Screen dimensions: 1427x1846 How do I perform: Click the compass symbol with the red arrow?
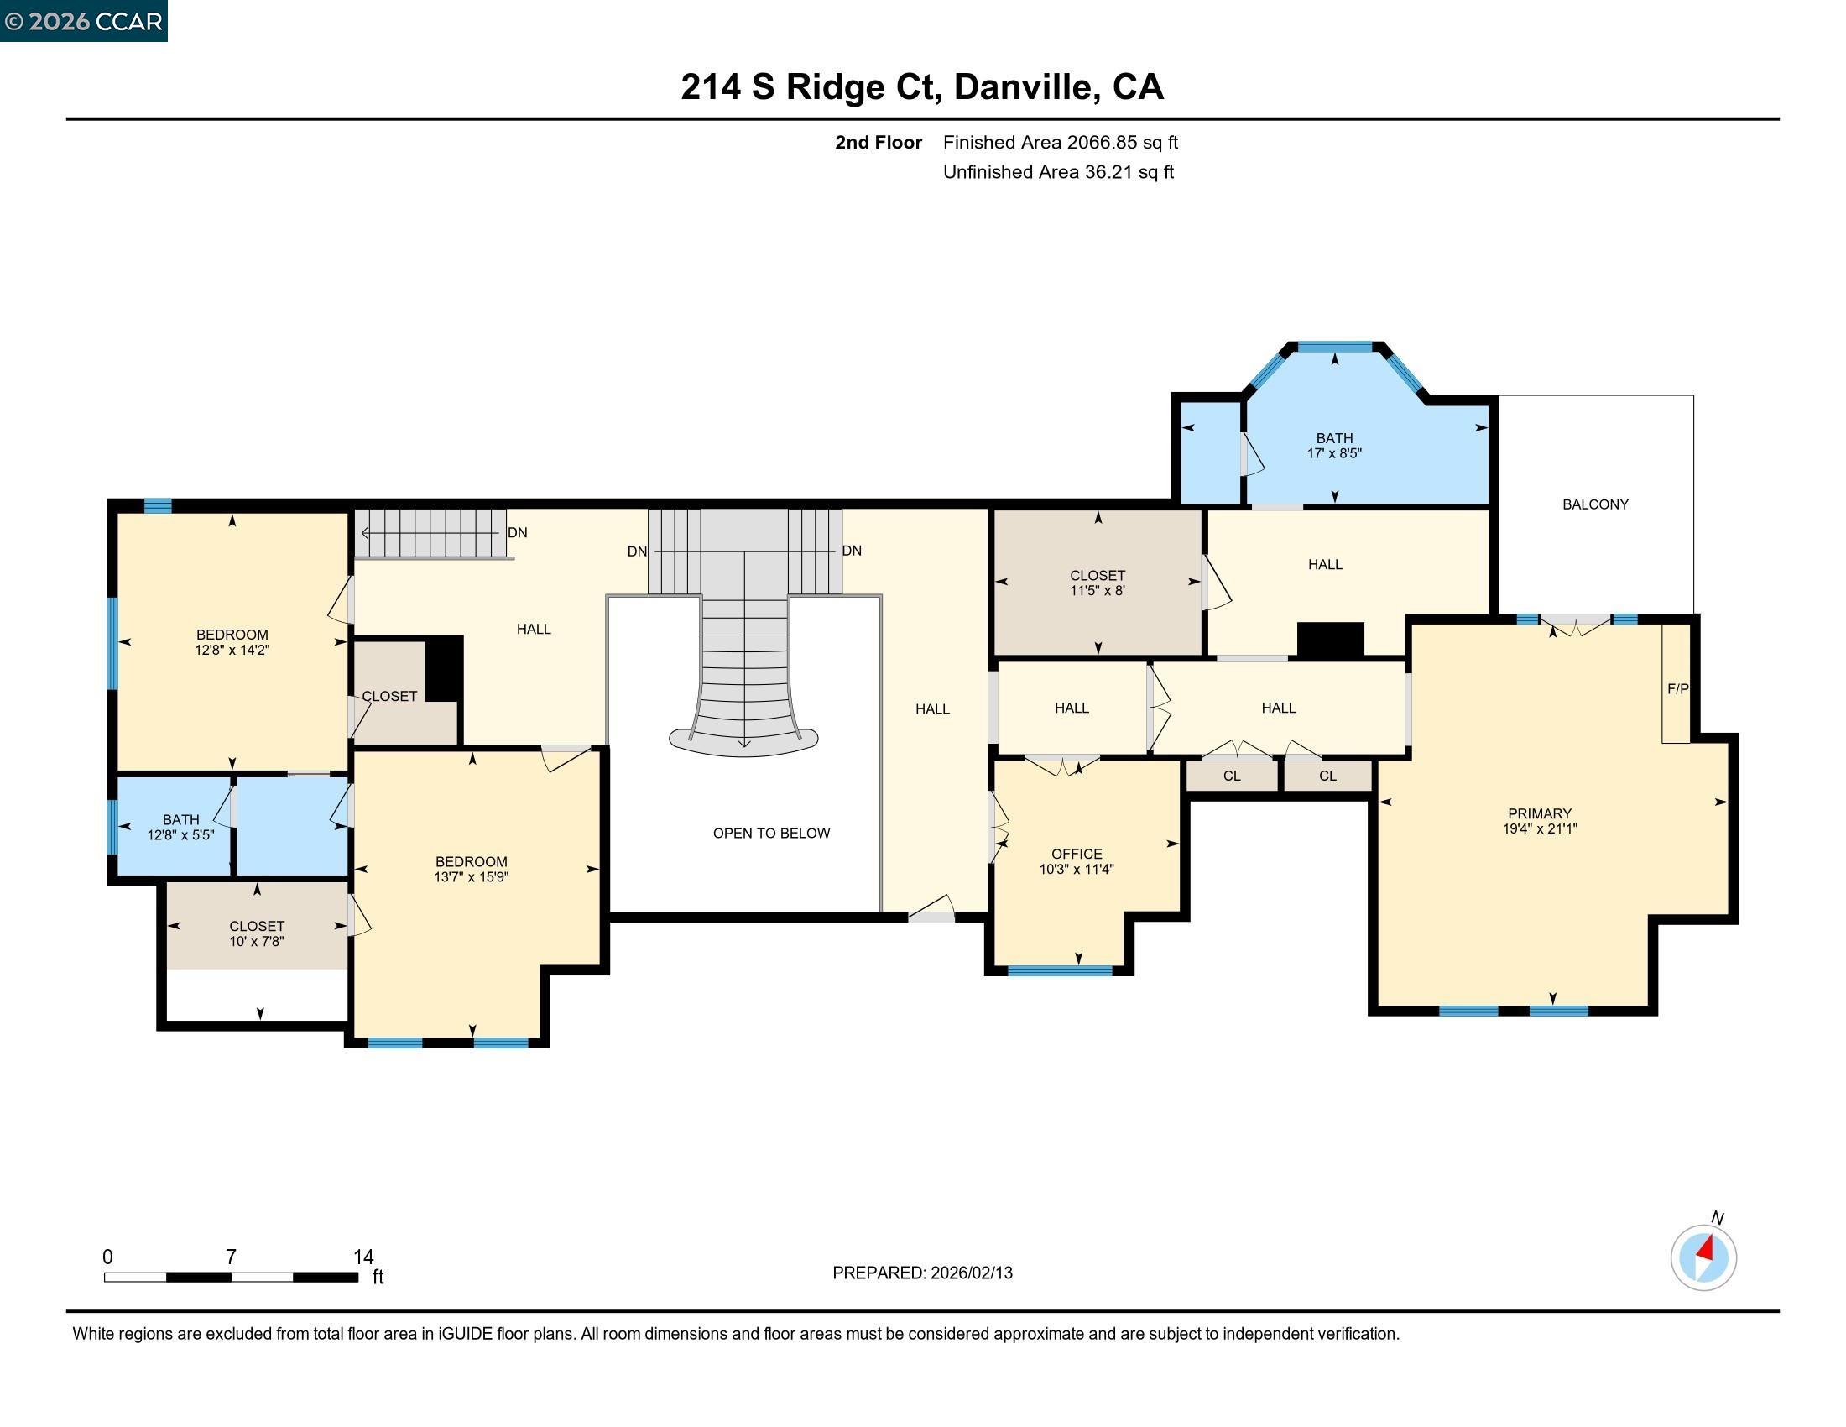[x=1703, y=1257]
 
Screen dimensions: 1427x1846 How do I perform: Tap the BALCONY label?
[x=1594, y=504]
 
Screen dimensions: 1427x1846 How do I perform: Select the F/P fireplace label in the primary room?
[x=1677, y=689]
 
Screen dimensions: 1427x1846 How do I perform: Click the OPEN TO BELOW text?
[x=771, y=833]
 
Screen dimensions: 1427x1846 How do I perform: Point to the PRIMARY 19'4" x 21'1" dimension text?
[x=1539, y=821]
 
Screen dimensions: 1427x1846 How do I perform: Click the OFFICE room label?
[x=1076, y=854]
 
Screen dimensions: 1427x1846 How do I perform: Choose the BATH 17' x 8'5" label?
[x=1334, y=446]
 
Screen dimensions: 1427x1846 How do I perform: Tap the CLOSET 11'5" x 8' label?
[x=1098, y=583]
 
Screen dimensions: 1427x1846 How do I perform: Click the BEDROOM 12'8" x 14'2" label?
[x=232, y=641]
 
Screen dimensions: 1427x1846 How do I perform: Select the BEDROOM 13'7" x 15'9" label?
[x=471, y=869]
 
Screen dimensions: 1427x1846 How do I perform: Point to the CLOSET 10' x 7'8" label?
[x=256, y=933]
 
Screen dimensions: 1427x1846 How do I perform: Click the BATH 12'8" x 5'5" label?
[x=180, y=827]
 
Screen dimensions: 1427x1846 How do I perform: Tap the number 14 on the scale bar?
[x=363, y=1257]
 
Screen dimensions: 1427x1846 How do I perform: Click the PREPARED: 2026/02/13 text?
[x=921, y=1273]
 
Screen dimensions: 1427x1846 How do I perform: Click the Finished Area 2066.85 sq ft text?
[x=1060, y=142]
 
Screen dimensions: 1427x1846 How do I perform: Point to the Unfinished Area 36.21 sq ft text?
[x=1057, y=171]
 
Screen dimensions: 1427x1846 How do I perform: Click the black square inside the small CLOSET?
[x=444, y=668]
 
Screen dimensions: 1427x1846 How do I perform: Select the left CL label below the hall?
[x=1232, y=776]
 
